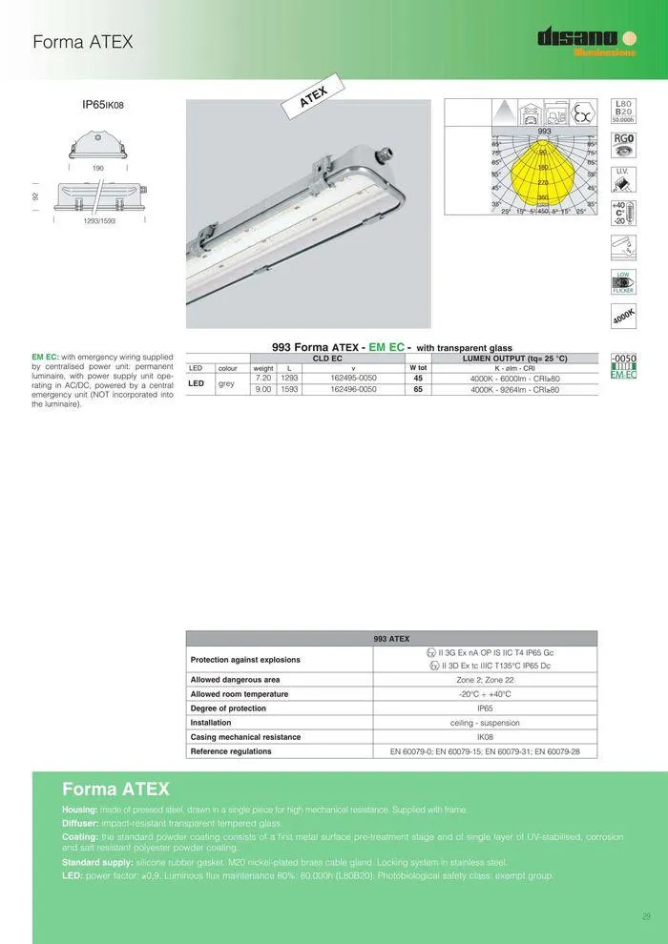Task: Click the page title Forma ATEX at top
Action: [82, 42]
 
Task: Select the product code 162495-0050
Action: [353, 379]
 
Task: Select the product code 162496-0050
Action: [353, 389]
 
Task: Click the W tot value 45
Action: [418, 379]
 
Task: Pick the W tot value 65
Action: [418, 389]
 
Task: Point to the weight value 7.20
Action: [263, 379]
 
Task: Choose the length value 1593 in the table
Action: [289, 389]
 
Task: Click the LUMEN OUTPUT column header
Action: [514, 359]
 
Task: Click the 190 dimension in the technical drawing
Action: [97, 168]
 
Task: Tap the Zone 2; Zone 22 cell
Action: [485, 680]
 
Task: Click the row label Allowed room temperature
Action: [240, 694]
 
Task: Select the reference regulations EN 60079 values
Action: [485, 751]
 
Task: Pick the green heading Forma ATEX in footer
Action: [115, 789]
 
